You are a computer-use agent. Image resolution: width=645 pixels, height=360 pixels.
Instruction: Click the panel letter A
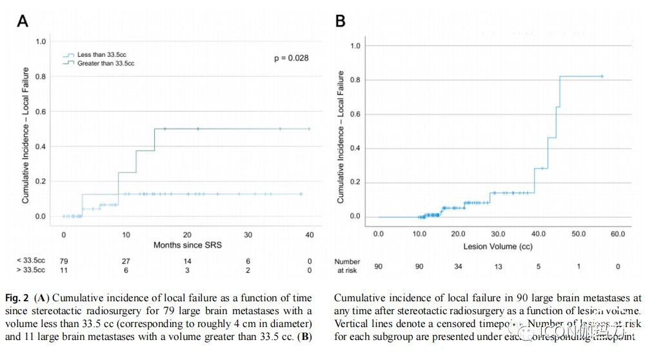22,21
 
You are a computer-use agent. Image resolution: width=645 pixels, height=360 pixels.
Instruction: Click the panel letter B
340,21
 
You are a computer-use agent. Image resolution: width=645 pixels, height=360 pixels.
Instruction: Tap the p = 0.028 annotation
291,58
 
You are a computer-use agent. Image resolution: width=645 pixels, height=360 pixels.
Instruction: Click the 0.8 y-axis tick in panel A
41,77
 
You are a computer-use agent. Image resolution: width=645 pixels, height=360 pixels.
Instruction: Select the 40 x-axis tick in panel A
310,234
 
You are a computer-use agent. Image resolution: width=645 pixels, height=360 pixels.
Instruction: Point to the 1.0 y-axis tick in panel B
354,46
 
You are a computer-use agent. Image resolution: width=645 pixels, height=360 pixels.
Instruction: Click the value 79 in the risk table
63,261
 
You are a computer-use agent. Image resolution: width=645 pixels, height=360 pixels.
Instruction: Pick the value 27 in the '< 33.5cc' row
125,261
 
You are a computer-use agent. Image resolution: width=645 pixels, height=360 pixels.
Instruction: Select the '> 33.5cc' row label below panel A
31,270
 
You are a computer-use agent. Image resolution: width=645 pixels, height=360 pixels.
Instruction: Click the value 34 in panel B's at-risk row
458,266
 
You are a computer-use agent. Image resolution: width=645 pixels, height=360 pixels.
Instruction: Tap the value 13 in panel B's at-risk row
498,266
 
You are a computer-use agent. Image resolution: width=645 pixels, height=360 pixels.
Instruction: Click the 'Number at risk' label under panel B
347,266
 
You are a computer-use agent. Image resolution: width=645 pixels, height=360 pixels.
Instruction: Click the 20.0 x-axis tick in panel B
458,233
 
